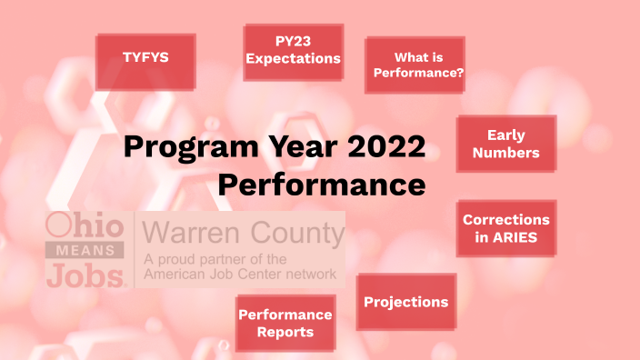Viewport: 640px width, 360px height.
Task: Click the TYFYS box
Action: pyautogui.click(x=145, y=59)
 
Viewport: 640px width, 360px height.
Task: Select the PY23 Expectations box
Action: pyautogui.click(x=294, y=51)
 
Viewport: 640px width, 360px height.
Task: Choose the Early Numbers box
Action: pyautogui.click(x=505, y=144)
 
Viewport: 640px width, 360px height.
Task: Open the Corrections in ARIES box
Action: pyautogui.click(x=505, y=228)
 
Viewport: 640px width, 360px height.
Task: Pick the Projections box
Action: pyautogui.click(x=405, y=302)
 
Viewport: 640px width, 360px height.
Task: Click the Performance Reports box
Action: pyautogui.click(x=285, y=323)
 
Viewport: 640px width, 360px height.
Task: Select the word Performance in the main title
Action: pyautogui.click(x=322, y=185)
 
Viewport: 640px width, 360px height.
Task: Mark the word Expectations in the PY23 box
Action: pyautogui.click(x=294, y=59)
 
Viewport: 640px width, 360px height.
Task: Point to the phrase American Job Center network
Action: pyautogui.click(x=239, y=273)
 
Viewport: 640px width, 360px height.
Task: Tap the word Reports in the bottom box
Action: pyautogui.click(x=285, y=332)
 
